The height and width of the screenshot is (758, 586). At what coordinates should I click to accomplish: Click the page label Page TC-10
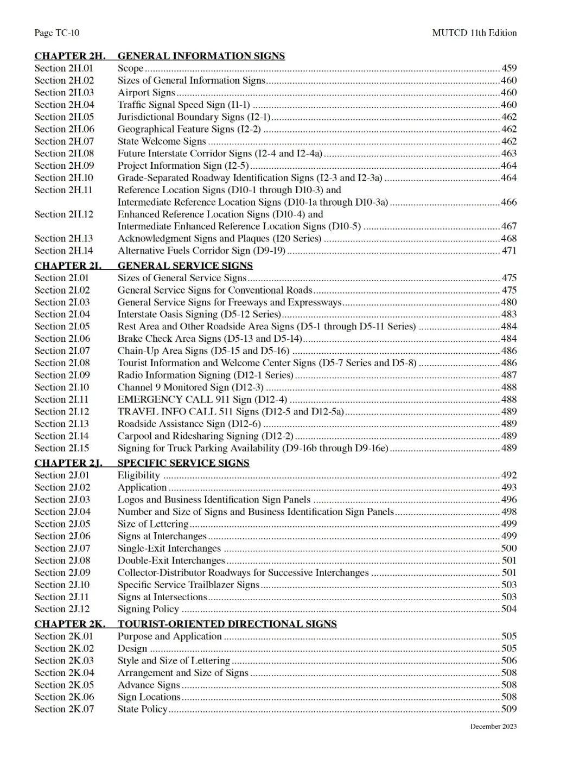click(x=56, y=33)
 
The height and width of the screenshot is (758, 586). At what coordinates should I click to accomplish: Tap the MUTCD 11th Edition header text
click(x=474, y=33)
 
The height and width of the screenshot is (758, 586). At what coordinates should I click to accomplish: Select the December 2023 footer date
click(x=493, y=727)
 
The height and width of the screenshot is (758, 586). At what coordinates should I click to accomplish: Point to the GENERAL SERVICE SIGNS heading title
click(x=185, y=265)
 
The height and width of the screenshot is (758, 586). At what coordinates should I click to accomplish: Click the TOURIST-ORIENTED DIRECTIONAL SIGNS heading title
click(x=227, y=624)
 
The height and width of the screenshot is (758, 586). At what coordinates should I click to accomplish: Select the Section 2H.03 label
click(x=64, y=92)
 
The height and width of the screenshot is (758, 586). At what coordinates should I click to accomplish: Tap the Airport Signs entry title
click(x=146, y=92)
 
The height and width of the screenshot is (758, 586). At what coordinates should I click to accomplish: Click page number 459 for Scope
click(x=509, y=68)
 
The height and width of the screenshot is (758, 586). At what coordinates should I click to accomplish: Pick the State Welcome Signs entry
click(x=162, y=141)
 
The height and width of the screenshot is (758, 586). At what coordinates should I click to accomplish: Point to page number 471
click(x=509, y=251)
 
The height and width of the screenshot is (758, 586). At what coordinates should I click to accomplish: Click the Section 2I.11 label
click(x=62, y=399)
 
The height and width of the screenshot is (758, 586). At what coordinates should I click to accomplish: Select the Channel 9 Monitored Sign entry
click(x=190, y=387)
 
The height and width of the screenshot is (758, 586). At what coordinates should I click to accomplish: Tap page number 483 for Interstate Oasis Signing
click(x=509, y=314)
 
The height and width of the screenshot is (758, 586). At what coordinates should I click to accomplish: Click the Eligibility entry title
click(x=139, y=475)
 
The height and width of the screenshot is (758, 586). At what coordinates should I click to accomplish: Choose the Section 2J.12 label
click(x=62, y=609)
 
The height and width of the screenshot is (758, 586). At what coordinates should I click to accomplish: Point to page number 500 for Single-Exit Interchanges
click(x=509, y=548)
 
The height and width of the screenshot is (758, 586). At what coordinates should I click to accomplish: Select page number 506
click(x=509, y=660)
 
